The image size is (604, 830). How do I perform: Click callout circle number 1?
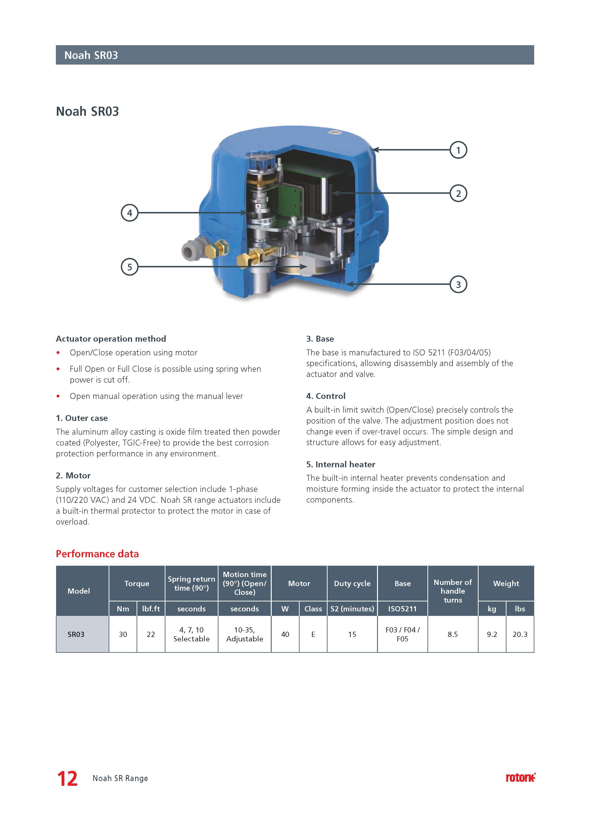pos(458,150)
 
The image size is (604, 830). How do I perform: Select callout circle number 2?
pos(458,193)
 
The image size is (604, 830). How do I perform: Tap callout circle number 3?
pos(458,284)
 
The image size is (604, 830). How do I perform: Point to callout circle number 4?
pos(130,213)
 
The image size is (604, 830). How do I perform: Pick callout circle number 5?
pos(130,267)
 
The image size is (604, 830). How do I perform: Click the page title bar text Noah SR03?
pos(91,55)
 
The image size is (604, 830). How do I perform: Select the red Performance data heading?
pos(97,554)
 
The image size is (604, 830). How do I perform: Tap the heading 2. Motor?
pos(73,475)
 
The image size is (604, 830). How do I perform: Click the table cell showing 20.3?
pos(520,634)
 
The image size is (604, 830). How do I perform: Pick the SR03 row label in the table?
pos(76,634)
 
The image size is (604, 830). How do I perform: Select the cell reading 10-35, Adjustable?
pos(244,634)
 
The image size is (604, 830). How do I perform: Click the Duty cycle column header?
pos(352,583)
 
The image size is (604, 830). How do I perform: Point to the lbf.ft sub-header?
pos(151,609)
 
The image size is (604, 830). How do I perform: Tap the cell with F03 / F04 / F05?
pos(402,634)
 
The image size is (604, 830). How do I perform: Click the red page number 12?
pos(67,779)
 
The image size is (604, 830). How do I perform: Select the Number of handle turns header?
pos(453,591)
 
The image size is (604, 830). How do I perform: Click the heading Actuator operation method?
pos(111,339)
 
